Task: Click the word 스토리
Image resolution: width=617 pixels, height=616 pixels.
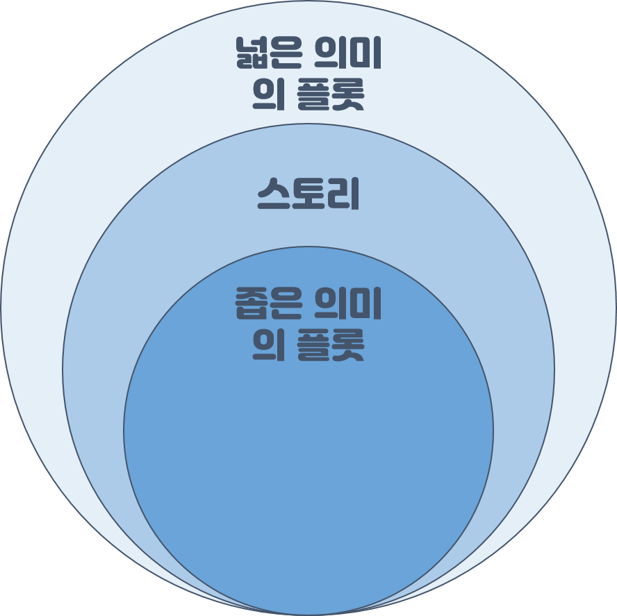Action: pyautogui.click(x=308, y=195)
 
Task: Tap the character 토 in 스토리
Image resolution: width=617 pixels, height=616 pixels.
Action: pyautogui.click(x=309, y=195)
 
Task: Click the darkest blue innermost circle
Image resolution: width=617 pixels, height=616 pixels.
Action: pyautogui.click(x=308, y=472)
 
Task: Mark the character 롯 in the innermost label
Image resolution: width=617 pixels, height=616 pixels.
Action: pyautogui.click(x=347, y=344)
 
